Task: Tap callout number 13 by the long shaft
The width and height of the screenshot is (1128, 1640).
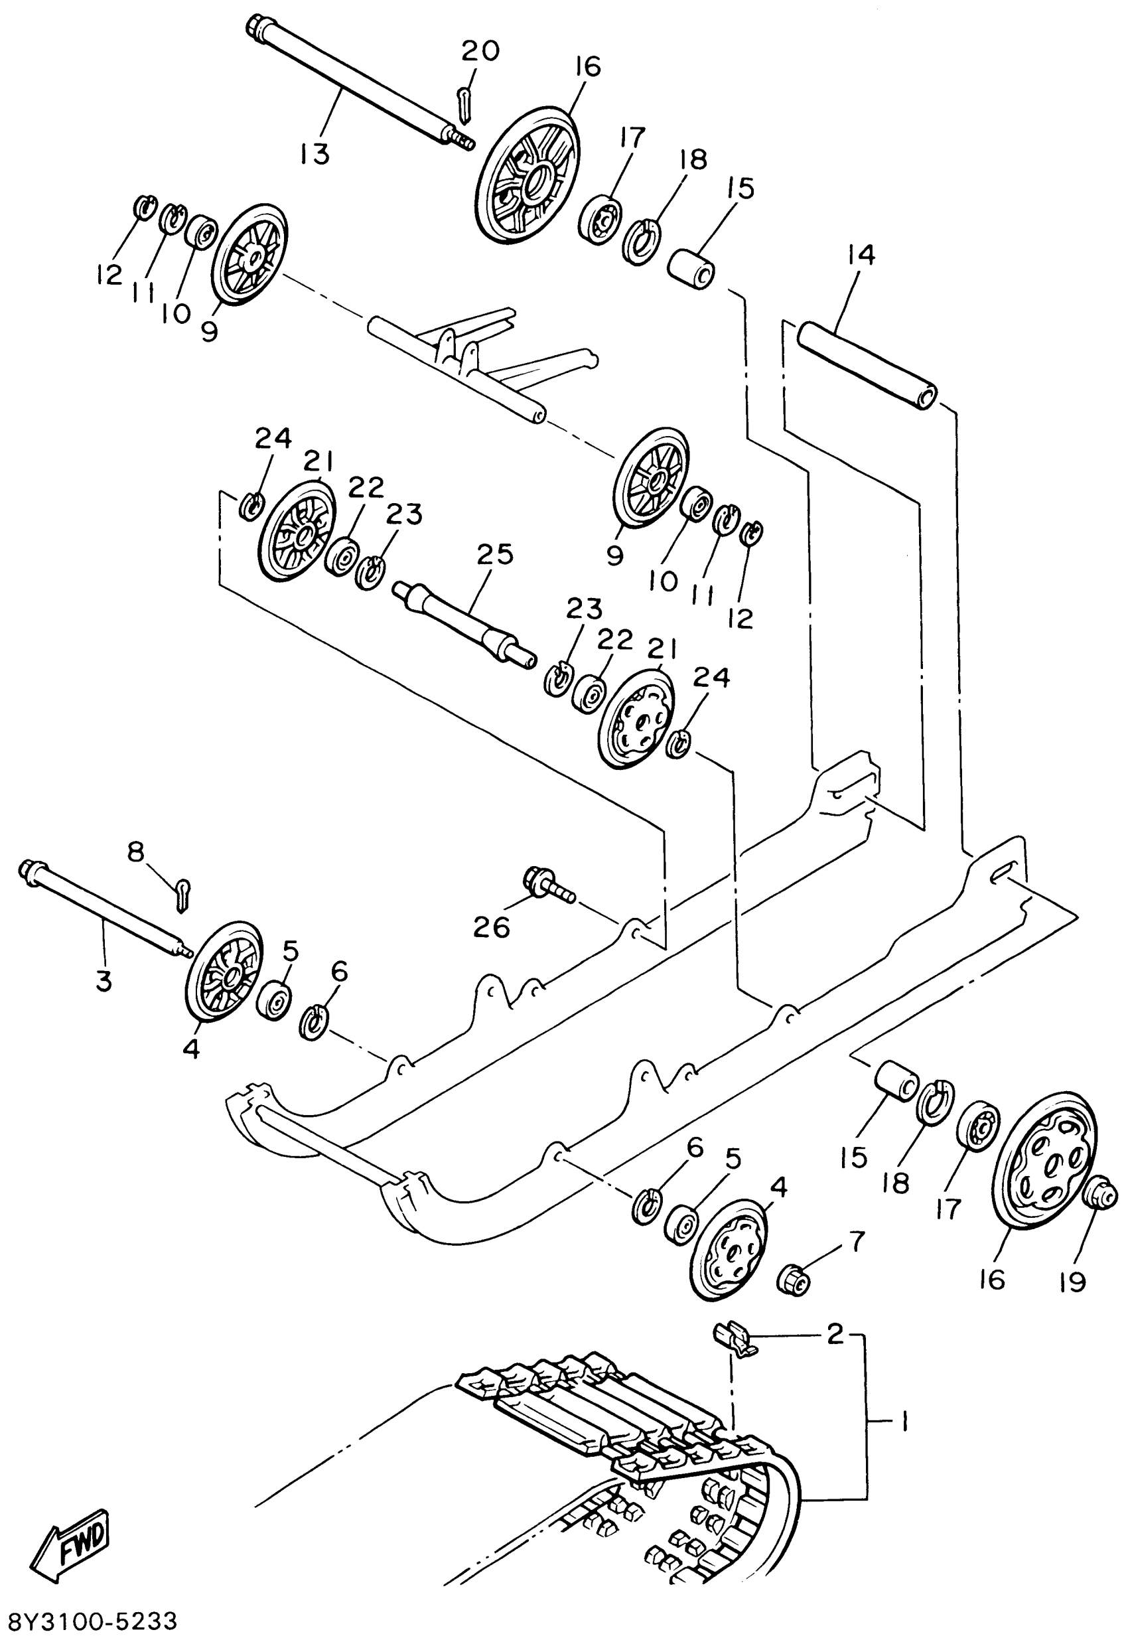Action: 315,153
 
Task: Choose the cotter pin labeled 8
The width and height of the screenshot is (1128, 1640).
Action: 183,895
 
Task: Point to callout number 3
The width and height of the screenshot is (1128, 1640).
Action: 104,981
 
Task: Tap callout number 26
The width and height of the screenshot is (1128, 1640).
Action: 491,927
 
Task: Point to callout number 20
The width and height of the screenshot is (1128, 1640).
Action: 480,51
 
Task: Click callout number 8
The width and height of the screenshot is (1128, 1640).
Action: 136,852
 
